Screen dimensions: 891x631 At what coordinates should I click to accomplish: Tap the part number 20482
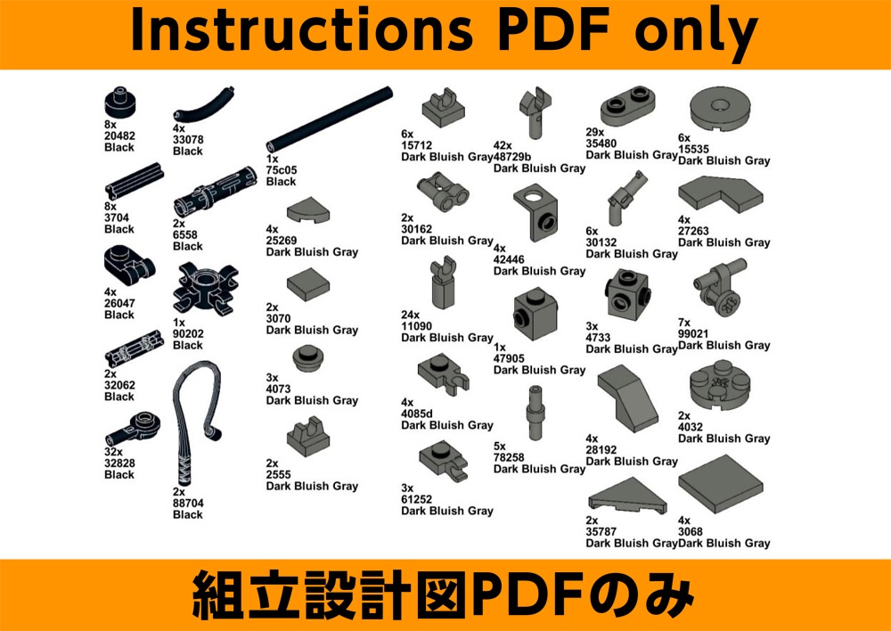(120, 136)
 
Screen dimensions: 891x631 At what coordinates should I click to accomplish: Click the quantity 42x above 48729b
(503, 145)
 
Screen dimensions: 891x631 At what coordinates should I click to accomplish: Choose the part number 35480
(601, 143)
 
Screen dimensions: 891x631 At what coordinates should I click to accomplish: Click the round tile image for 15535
(721, 109)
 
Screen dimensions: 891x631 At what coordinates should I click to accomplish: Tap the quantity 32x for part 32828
(114, 452)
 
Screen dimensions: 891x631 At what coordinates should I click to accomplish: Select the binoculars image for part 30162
(443, 193)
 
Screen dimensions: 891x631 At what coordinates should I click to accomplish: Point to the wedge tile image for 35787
(627, 496)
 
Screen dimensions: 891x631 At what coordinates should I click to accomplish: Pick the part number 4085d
(417, 414)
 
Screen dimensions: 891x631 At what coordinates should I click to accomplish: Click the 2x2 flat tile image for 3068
(721, 484)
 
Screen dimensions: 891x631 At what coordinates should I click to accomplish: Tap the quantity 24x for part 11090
(410, 315)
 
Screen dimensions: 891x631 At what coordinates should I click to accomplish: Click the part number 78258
(509, 457)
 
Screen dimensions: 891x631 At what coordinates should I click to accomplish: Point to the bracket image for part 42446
(535, 212)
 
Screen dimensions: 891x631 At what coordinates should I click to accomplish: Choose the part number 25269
(282, 241)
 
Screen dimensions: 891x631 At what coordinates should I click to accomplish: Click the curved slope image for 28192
(628, 398)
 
